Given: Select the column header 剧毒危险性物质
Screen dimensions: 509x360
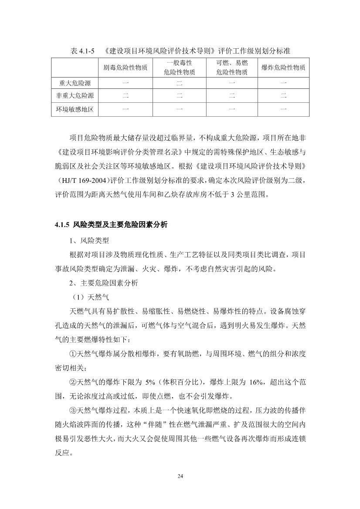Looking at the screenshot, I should (125, 68).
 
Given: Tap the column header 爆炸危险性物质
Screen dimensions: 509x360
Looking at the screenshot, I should (283, 68).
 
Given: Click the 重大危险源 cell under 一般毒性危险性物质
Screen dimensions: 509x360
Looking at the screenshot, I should (179, 83).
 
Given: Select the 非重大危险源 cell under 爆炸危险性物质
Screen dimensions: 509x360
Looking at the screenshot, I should (283, 96).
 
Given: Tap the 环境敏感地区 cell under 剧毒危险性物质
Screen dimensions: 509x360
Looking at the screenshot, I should (125, 109).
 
